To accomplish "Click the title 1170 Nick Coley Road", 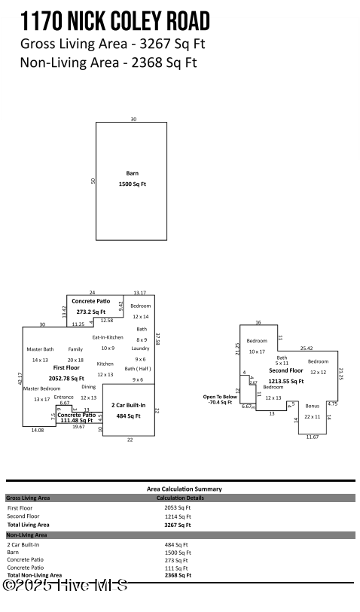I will pos(115,20).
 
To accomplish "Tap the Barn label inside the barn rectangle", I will pos(132,173).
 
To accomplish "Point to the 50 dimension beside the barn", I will pos(93,181).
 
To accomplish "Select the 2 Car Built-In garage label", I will pos(128,405).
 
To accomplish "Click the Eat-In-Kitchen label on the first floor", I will pos(108,337).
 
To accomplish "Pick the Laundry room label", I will pos(140,349).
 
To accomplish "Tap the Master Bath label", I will pos(40,349).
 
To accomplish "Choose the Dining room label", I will pos(89,386).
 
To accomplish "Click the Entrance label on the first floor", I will pos(64,397).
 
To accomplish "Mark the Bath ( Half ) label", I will pos(138,369).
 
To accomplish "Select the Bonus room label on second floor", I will pos(312,406).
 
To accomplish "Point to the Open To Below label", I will pos(220,397).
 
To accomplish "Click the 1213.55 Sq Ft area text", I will pos(286,382).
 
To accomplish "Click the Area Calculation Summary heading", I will pos(185,489).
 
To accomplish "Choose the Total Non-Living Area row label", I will pos(35,575).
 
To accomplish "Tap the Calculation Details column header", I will pos(181,498).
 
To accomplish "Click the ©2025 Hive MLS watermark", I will pos(66,585).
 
